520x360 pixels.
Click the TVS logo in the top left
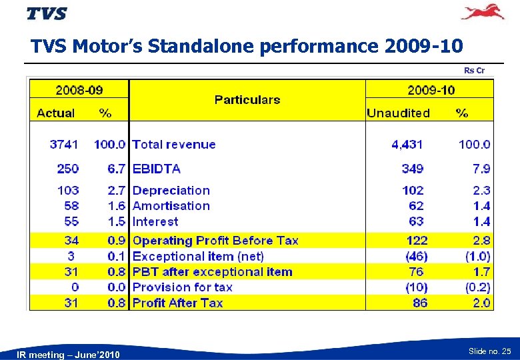(47, 13)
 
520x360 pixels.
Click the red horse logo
(483, 12)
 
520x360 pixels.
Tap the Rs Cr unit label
(474, 71)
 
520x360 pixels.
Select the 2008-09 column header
(79, 89)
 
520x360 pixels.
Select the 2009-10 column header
(431, 89)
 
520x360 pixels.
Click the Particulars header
(247, 100)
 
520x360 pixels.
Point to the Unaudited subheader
(398, 113)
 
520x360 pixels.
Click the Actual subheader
(56, 113)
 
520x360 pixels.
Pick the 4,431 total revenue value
(407, 145)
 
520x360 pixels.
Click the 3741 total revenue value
(64, 145)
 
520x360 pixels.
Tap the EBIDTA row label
(157, 169)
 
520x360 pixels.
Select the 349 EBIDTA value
(413, 169)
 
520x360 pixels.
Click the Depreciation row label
(171, 191)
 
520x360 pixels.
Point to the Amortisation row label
(171, 206)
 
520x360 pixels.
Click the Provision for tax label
(183, 287)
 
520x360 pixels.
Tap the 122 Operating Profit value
(417, 241)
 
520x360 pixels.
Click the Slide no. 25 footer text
(490, 351)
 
